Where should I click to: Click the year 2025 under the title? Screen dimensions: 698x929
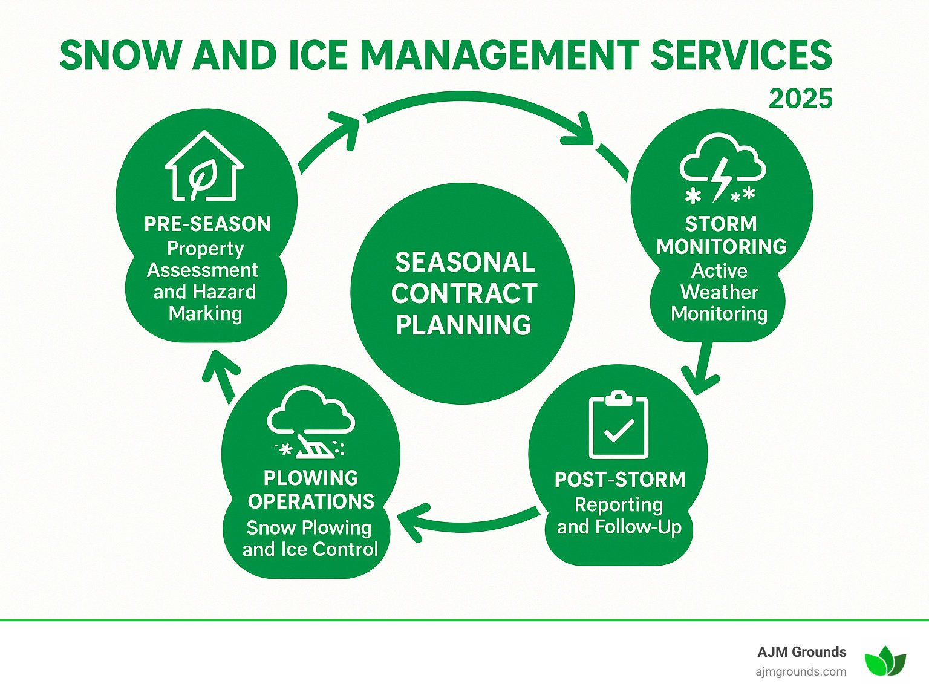[800, 99]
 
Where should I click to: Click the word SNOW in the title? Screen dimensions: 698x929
[120, 56]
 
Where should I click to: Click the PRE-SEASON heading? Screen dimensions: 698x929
[207, 224]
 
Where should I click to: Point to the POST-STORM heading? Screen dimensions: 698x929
[620, 480]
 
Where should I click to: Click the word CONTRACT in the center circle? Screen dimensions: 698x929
[464, 294]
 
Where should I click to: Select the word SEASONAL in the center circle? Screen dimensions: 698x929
[464, 263]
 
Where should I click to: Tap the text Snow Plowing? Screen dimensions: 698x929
[309, 527]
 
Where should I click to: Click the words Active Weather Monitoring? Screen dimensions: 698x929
[719, 292]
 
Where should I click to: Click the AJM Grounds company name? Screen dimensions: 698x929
[801, 651]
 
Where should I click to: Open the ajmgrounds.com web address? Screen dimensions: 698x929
[801, 671]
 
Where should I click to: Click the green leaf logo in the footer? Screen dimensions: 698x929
[885, 660]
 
